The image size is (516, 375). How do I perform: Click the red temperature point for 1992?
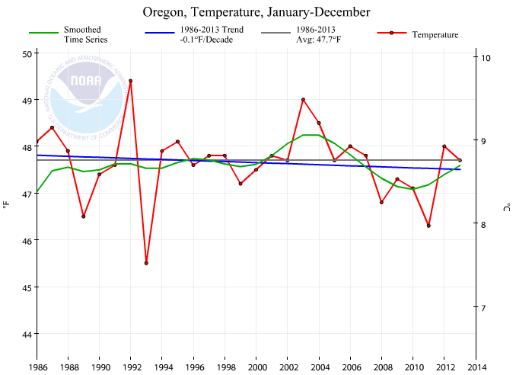click(131, 81)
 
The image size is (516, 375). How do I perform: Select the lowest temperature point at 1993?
click(146, 263)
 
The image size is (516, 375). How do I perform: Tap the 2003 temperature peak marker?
click(304, 99)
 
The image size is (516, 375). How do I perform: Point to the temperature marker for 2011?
click(429, 226)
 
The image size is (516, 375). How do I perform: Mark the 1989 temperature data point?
click(84, 216)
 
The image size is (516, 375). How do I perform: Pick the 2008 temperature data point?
click(382, 202)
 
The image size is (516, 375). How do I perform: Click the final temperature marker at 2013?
click(460, 160)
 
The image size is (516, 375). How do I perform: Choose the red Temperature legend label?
click(435, 34)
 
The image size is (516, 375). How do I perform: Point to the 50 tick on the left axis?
click(26, 53)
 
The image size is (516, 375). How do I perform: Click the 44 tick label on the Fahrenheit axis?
click(26, 334)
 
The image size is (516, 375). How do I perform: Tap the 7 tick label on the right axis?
click(484, 308)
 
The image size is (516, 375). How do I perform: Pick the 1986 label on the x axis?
click(37, 367)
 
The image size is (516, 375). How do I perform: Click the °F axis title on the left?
click(6, 205)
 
